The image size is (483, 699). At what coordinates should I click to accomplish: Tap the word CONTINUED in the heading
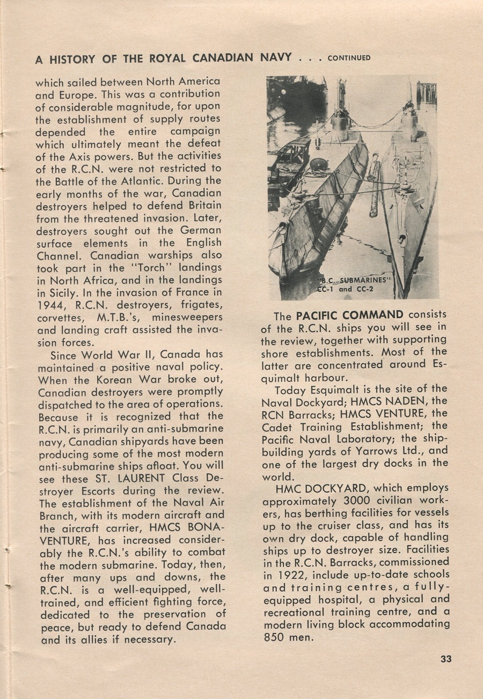pyautogui.click(x=349, y=58)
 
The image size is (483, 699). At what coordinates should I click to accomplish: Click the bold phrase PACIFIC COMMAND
pyautogui.click(x=349, y=315)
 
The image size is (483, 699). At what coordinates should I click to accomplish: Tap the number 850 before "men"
pyautogui.click(x=275, y=638)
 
